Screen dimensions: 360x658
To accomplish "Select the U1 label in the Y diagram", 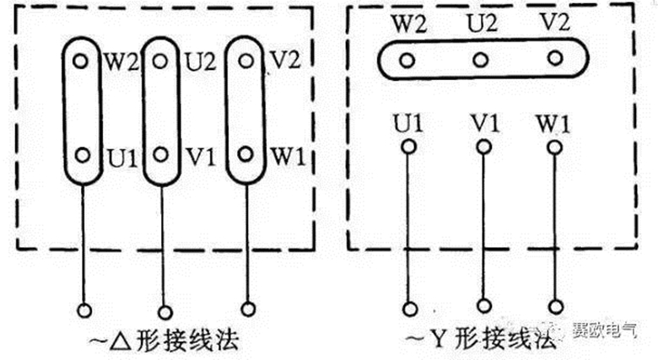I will pyautogui.click(x=407, y=124).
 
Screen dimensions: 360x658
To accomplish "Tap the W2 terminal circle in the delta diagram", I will pyautogui.click(x=81, y=61).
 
